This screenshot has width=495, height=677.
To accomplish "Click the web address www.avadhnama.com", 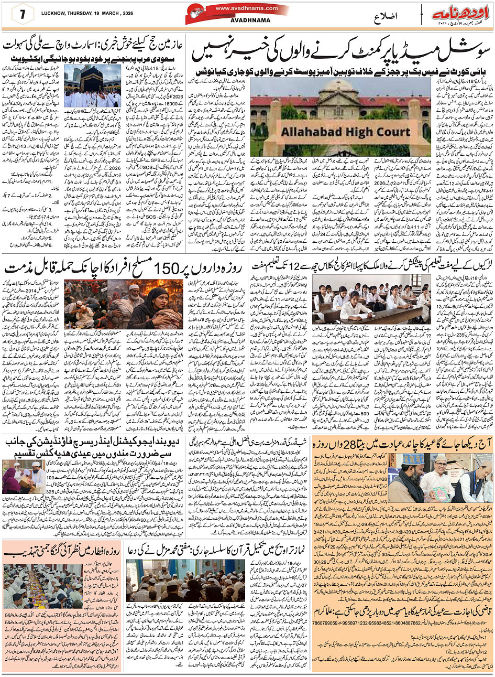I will click(x=239, y=8).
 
